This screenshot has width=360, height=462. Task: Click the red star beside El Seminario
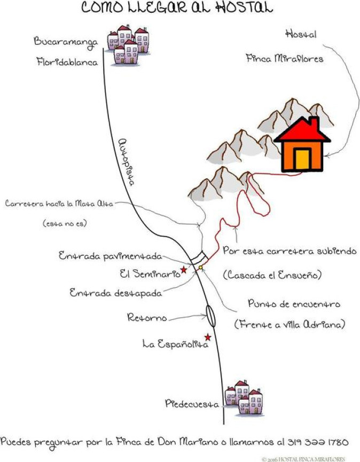[184, 269]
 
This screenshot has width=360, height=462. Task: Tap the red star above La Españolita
[208, 337]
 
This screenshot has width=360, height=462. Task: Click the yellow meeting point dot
[200, 268]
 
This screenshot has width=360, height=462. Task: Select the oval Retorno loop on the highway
[210, 316]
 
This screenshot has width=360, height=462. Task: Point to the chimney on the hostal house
[315, 123]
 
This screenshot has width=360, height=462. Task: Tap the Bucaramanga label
[65, 42]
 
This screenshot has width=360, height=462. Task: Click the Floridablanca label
[67, 62]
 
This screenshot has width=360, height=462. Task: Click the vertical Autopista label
[127, 162]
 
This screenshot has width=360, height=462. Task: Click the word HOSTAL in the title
[244, 7]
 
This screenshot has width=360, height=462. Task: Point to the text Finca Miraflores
[285, 58]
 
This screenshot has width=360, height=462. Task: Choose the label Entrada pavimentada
[110, 256]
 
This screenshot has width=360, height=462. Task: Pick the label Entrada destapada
[116, 293]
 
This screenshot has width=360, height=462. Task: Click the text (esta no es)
[65, 223]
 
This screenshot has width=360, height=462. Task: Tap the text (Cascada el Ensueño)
[272, 275]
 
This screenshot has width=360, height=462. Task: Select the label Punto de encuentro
[294, 303]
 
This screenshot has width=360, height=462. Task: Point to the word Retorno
[147, 317]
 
